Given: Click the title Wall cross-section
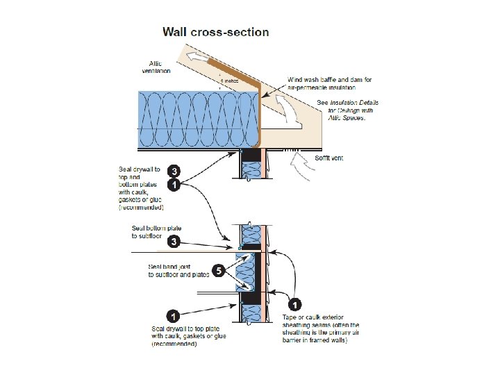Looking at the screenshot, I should pos(215,32).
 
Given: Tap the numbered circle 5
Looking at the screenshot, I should pos(217,271).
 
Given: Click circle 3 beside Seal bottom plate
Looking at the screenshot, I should pos(175,242).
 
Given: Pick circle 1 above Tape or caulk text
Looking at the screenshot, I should pos(295,304).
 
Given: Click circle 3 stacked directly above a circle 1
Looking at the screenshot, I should pos(175,170).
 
